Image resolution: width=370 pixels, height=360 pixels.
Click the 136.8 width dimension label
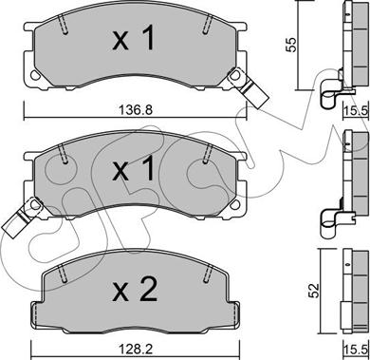[136, 110]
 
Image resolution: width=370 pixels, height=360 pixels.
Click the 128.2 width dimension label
[136, 350]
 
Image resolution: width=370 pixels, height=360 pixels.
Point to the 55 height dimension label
[291, 45]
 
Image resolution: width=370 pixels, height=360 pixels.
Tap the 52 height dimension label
[315, 292]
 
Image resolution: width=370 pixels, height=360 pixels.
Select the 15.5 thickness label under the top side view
[357, 110]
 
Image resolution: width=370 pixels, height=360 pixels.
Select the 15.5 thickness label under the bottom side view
[357, 350]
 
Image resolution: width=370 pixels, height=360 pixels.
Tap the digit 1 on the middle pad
[146, 168]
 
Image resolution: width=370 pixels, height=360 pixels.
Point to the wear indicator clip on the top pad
[249, 88]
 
